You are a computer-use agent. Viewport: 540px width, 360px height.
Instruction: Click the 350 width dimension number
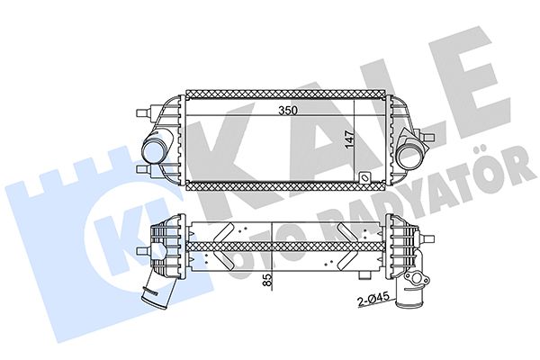(288, 111)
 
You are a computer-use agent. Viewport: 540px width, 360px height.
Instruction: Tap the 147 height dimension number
(349, 139)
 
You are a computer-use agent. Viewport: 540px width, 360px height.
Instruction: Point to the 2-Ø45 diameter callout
(373, 299)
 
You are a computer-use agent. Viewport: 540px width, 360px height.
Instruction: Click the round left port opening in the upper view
(154, 150)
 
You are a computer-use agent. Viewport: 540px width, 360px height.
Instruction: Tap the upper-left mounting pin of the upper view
(144, 112)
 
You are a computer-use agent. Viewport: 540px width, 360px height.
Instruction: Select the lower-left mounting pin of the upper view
(144, 169)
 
